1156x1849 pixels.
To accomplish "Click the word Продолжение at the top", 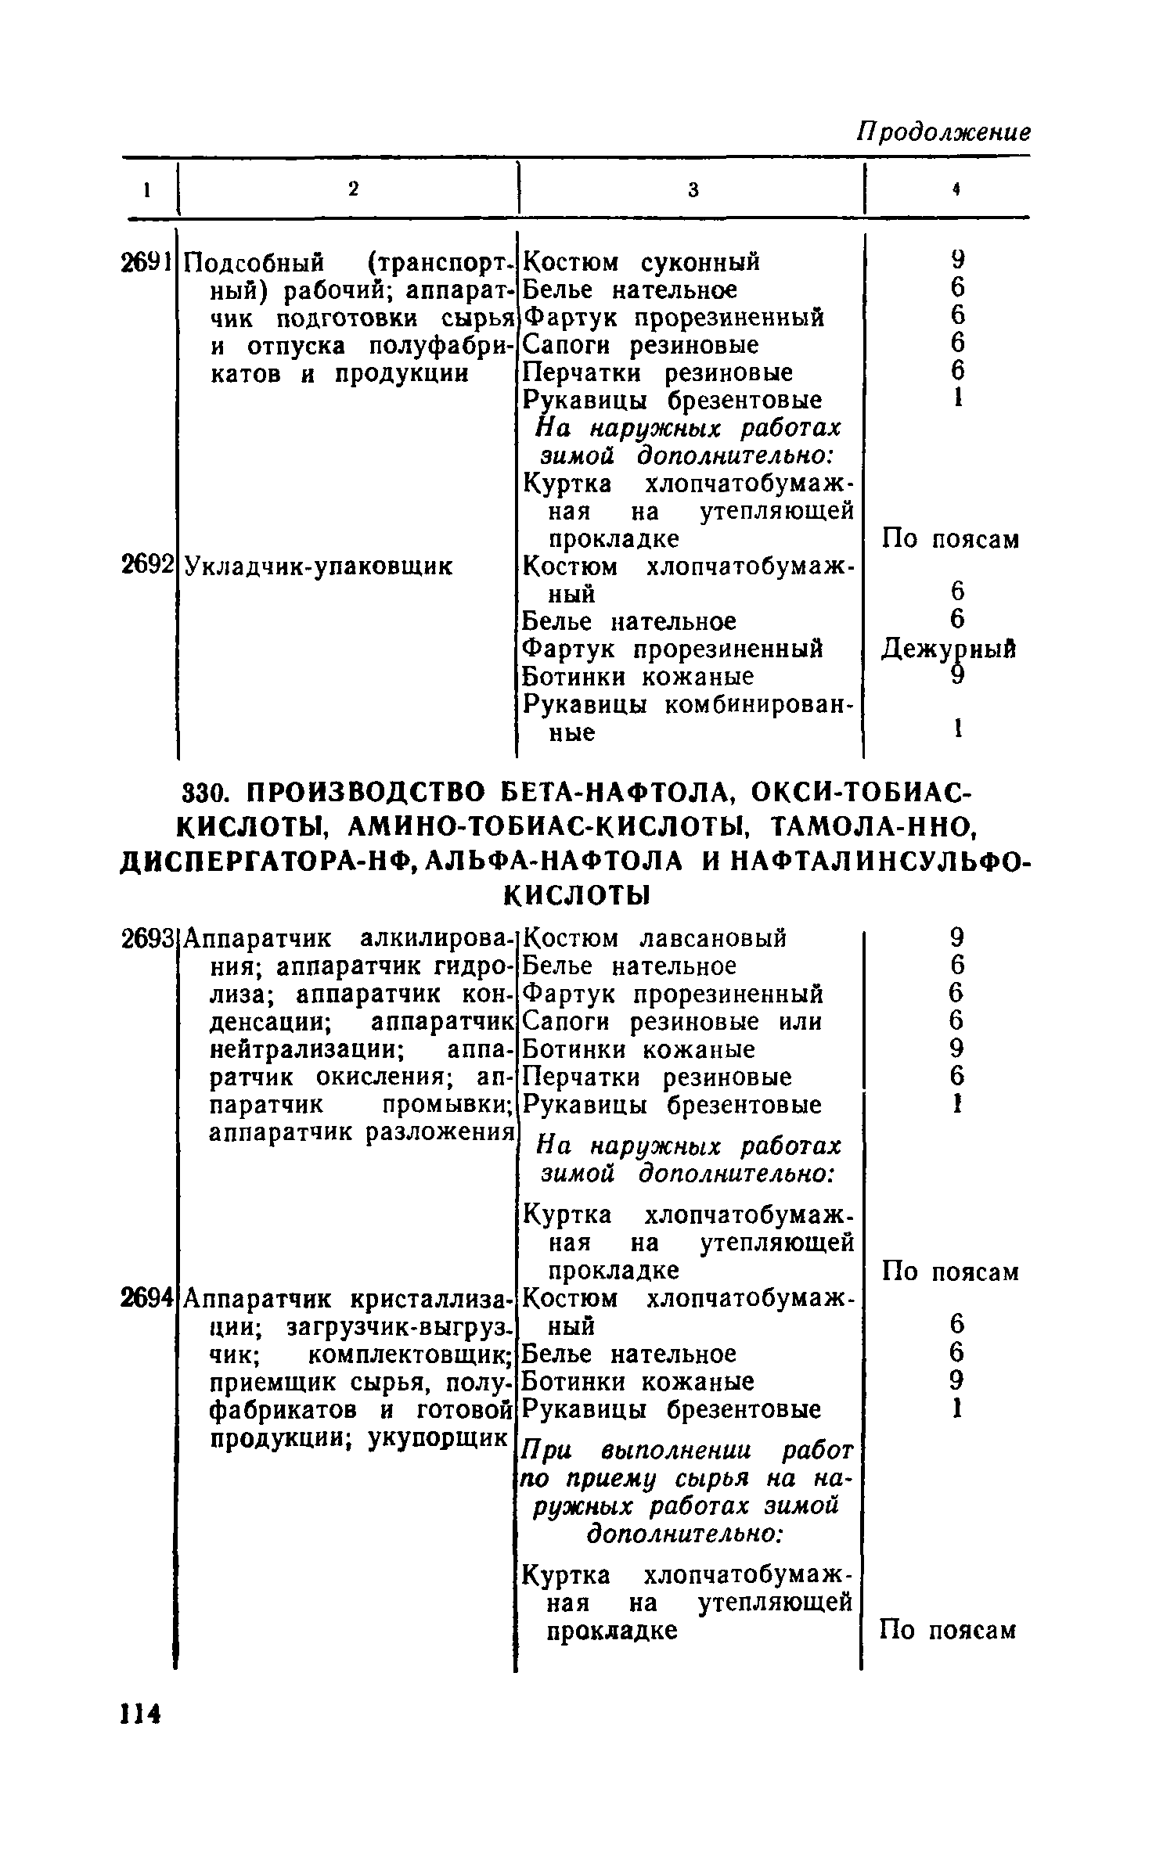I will (x=944, y=131).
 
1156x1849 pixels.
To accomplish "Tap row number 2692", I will (x=146, y=565).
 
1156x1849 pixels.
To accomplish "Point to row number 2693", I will (x=146, y=937).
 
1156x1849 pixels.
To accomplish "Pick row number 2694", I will (x=146, y=1298).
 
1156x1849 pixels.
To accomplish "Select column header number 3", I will (x=692, y=189).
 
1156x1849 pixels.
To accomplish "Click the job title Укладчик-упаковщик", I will (x=318, y=566).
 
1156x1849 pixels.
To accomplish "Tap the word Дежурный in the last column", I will (x=949, y=649).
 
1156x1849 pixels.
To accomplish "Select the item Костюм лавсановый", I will (x=654, y=937).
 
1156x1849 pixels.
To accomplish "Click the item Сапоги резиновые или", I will (x=672, y=1022).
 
